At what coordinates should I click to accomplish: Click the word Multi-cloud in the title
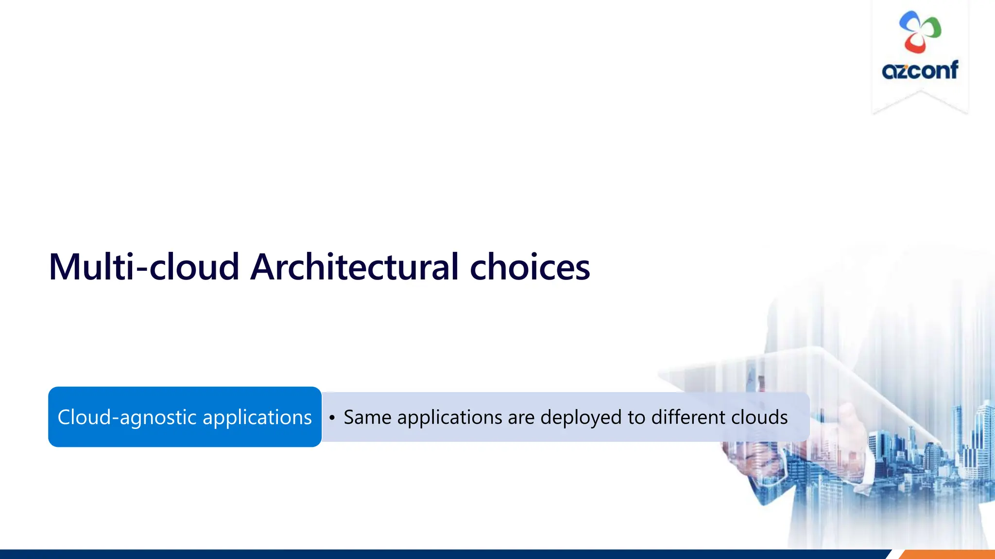(144, 267)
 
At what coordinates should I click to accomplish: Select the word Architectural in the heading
(354, 267)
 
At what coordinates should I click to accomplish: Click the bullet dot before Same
(332, 418)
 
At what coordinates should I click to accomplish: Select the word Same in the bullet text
(367, 417)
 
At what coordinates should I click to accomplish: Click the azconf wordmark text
(920, 71)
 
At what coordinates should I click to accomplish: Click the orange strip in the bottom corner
(947, 554)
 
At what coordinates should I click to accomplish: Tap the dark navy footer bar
(437, 554)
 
